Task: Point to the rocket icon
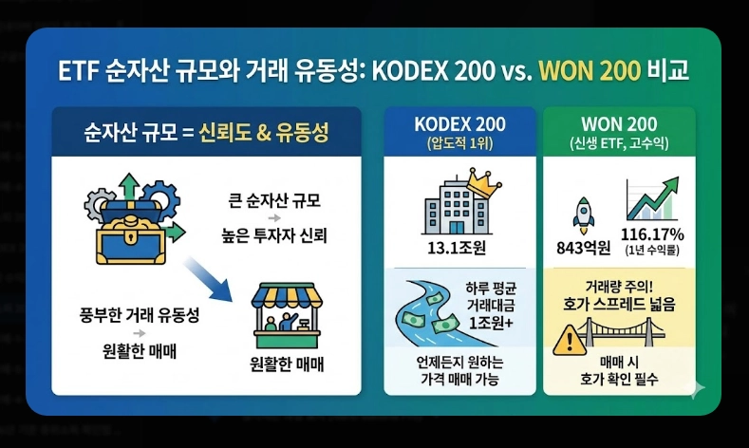(x=583, y=214)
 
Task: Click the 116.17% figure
(x=652, y=235)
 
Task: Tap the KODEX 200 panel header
(x=460, y=125)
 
